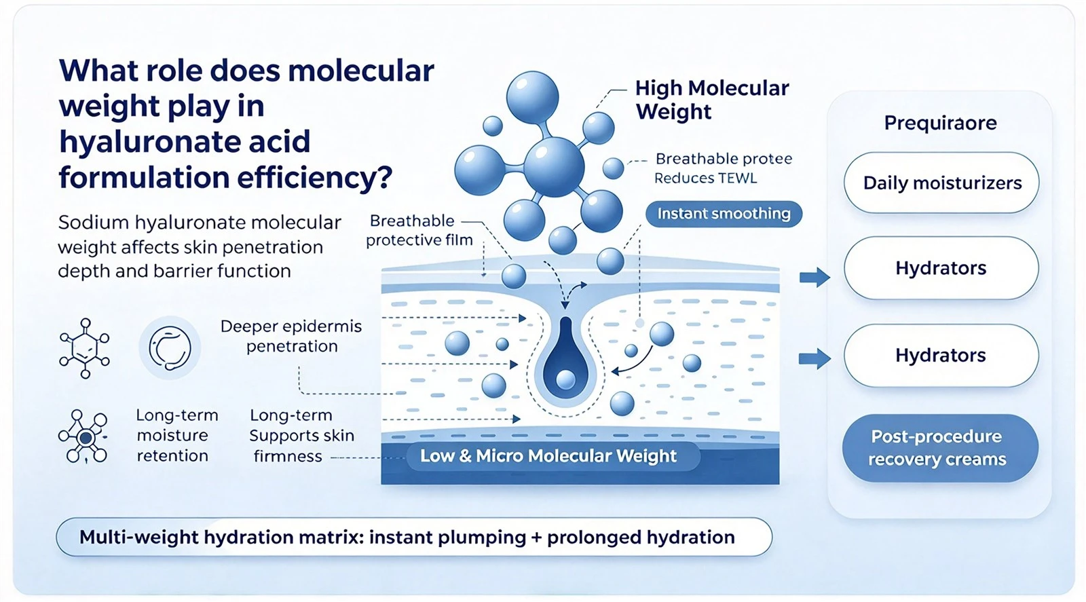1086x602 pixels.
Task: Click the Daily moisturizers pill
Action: pyautogui.click(x=941, y=183)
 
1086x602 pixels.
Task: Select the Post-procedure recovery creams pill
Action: pyautogui.click(x=940, y=448)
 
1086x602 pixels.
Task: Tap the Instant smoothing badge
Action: pyautogui.click(x=724, y=214)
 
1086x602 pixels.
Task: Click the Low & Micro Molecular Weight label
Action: pyautogui.click(x=548, y=455)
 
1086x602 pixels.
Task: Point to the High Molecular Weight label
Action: pyautogui.click(x=712, y=100)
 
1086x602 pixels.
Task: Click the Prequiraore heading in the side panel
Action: pyautogui.click(x=940, y=123)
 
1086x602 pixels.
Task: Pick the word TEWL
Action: pyautogui.click(x=737, y=178)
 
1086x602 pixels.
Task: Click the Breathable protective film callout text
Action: pyautogui.click(x=419, y=230)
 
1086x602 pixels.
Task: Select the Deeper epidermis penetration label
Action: pyautogui.click(x=291, y=336)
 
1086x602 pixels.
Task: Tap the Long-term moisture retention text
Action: pyautogui.click(x=177, y=435)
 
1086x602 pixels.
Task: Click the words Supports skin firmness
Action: pyautogui.click(x=301, y=445)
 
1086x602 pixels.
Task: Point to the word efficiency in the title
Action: pyautogui.click(x=314, y=177)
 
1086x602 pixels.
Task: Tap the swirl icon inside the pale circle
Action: pyautogui.click(x=170, y=347)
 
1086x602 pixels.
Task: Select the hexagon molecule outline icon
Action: pyautogui.click(x=84, y=348)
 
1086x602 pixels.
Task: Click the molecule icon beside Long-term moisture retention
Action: pyautogui.click(x=84, y=436)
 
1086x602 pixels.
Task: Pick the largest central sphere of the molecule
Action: pyautogui.click(x=553, y=167)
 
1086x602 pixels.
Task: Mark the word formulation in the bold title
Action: pyautogui.click(x=144, y=177)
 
